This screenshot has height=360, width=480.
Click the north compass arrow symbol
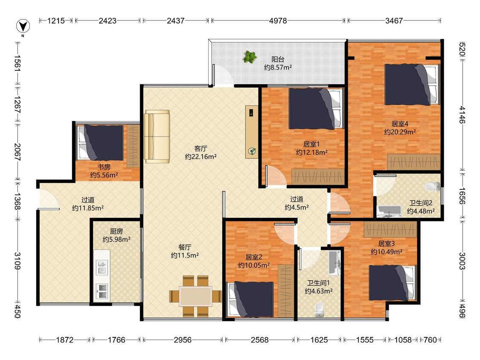23,26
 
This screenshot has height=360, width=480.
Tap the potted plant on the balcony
250,57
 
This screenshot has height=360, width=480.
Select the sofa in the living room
157,136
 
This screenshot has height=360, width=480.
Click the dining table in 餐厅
195,296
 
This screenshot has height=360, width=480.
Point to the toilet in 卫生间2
433,186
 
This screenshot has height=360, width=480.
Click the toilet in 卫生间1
319,310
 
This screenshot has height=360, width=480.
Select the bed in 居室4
412,84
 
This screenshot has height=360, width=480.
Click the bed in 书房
101,142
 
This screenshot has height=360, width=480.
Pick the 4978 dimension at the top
278,21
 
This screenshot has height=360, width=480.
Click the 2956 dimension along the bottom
183,340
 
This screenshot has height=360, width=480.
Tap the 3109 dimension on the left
17,261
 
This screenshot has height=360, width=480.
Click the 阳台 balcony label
278,59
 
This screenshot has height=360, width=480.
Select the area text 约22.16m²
201,157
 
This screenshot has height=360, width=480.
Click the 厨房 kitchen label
116,232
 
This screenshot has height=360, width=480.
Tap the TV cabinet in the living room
252,132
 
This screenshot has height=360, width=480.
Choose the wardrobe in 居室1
318,177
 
